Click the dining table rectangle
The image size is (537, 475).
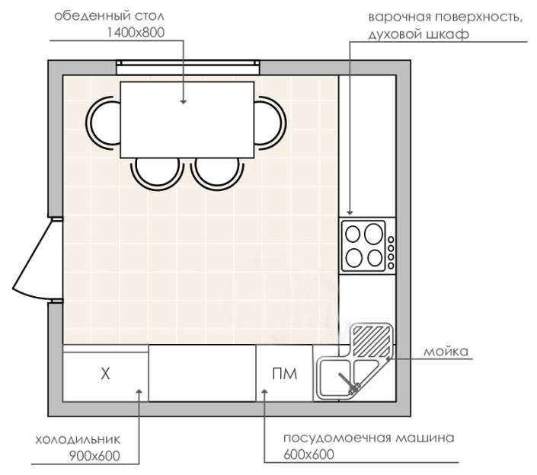187,119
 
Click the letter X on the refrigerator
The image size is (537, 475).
106,373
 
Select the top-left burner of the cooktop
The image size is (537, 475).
355,234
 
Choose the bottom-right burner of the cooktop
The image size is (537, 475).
374,257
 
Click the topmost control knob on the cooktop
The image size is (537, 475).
391,240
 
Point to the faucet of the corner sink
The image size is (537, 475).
354,388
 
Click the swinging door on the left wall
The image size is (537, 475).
34,259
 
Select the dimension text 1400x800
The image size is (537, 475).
138,31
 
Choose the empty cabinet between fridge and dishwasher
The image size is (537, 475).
202,373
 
